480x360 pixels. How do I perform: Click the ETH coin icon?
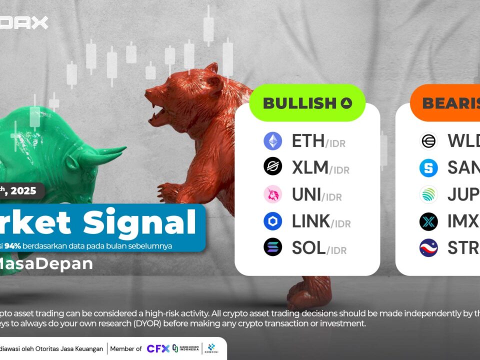(273, 141)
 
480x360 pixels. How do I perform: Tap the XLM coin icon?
(273, 166)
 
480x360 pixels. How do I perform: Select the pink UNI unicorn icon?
(273, 194)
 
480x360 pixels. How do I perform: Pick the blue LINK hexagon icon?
(273, 221)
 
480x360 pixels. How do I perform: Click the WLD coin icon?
(428, 141)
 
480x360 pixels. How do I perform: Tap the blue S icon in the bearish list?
(428, 168)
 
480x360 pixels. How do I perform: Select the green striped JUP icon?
(428, 194)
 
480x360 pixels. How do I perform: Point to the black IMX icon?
(428, 221)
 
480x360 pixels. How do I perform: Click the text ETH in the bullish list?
(308, 141)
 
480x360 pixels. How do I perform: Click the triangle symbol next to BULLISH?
(346, 103)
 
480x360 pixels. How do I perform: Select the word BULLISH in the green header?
(299, 103)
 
